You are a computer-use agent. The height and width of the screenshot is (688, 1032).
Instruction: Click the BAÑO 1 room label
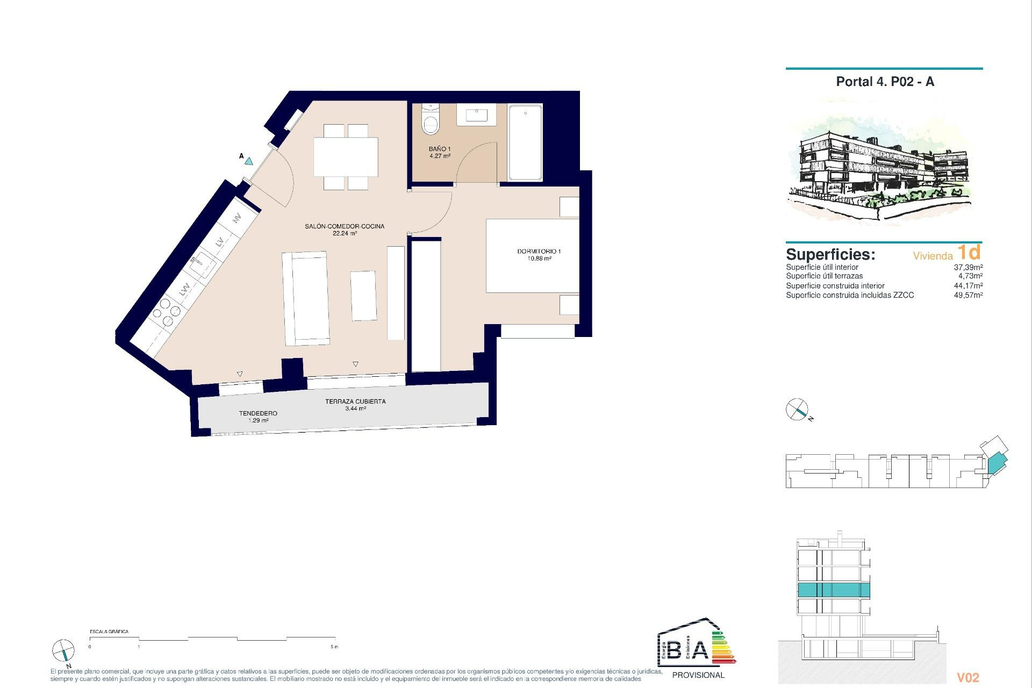439,149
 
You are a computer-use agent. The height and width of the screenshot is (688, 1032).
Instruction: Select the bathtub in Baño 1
525,142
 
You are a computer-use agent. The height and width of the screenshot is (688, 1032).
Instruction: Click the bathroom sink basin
476,115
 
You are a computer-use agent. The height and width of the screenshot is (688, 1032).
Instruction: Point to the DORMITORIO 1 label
539,252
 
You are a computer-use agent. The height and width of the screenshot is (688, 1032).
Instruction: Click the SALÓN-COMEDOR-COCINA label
345,226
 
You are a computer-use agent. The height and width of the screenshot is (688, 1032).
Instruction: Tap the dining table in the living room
346,156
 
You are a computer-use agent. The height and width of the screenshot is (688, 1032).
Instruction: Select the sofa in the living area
305,298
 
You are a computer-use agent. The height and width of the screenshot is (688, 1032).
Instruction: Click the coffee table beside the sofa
364,296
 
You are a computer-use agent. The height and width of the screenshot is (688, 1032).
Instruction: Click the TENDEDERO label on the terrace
258,413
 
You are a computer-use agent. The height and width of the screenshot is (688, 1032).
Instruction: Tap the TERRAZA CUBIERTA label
355,402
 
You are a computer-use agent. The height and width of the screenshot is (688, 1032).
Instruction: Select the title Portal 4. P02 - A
885,82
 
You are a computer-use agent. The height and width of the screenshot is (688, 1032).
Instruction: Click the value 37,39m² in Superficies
968,267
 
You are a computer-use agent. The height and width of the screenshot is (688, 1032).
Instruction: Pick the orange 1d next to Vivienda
969,253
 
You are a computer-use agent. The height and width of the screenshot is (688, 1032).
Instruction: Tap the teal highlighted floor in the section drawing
833,590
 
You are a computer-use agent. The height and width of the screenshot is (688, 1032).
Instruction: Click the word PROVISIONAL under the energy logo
698,675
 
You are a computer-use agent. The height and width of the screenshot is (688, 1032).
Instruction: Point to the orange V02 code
968,678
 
